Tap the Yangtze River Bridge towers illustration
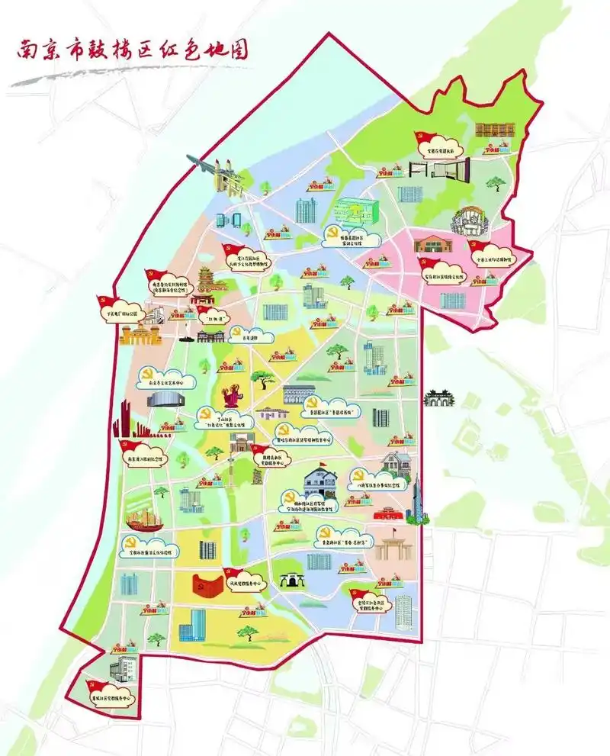click(227, 180)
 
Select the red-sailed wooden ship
click(146, 520)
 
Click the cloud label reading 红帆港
click(211, 311)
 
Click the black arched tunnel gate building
click(290, 581)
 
